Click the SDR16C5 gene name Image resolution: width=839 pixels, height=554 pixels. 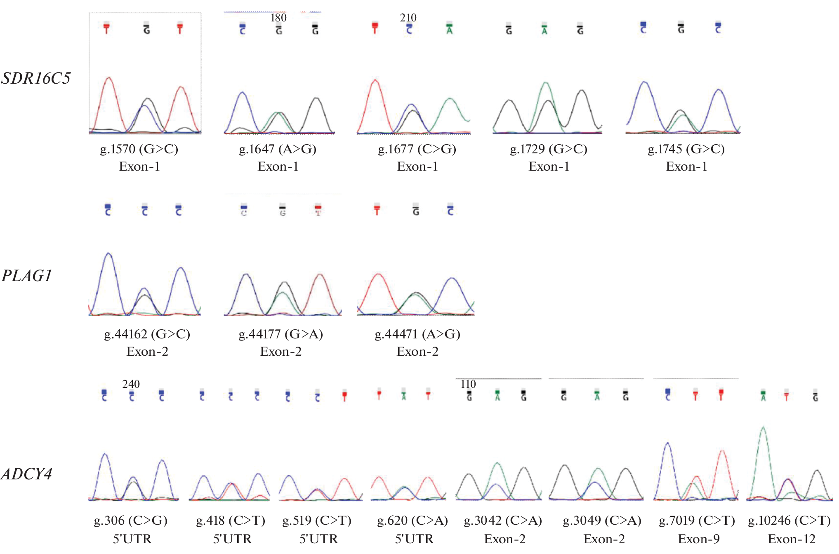click(x=36, y=78)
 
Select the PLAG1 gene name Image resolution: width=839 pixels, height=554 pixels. click(x=27, y=276)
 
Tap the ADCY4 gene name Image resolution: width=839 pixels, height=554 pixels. click(x=27, y=474)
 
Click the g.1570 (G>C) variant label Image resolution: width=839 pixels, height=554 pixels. click(x=139, y=149)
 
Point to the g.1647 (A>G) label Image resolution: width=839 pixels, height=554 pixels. click(x=278, y=149)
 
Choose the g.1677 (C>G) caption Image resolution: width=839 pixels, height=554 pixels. click(x=417, y=149)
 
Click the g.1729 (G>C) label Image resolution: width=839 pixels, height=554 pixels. click(x=549, y=149)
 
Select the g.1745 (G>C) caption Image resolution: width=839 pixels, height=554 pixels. click(x=686, y=149)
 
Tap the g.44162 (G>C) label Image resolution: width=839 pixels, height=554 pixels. click(x=147, y=334)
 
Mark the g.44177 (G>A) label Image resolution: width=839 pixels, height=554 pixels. click(x=280, y=334)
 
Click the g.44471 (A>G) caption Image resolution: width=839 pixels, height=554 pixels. click(x=417, y=334)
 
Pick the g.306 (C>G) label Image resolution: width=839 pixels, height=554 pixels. click(x=131, y=521)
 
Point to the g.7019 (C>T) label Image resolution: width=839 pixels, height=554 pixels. click(x=697, y=521)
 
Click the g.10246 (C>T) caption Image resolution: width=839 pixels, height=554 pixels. click(x=790, y=521)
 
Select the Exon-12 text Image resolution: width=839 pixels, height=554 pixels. click(x=792, y=539)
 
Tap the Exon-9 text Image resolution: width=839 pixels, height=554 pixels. click(x=699, y=539)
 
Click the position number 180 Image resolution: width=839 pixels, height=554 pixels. click(x=278, y=18)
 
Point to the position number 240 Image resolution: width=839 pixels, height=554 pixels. click(x=131, y=384)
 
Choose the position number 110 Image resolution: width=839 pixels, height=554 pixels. click(x=468, y=384)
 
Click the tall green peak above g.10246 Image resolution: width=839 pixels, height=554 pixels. click(x=763, y=437)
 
